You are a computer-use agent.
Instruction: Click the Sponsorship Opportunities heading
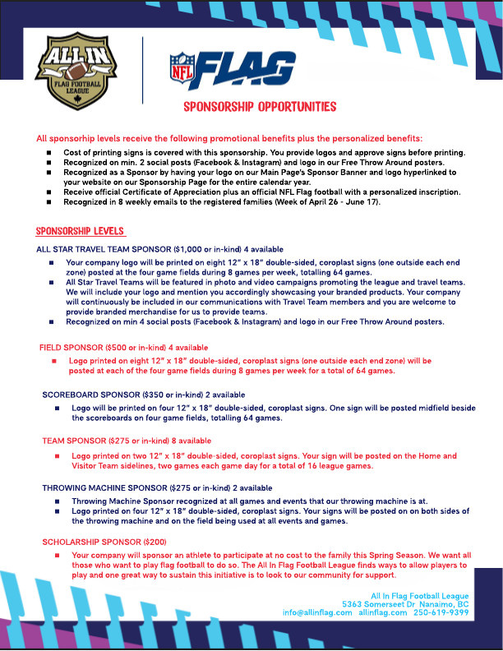[x=260, y=108]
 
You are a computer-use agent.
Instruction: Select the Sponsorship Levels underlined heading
[x=81, y=231]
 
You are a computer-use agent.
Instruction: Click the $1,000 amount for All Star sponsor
[x=186, y=247]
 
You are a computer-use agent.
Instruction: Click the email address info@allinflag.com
[x=317, y=612]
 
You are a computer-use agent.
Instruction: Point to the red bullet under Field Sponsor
[x=54, y=361]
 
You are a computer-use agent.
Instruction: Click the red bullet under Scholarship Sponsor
[x=54, y=556]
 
